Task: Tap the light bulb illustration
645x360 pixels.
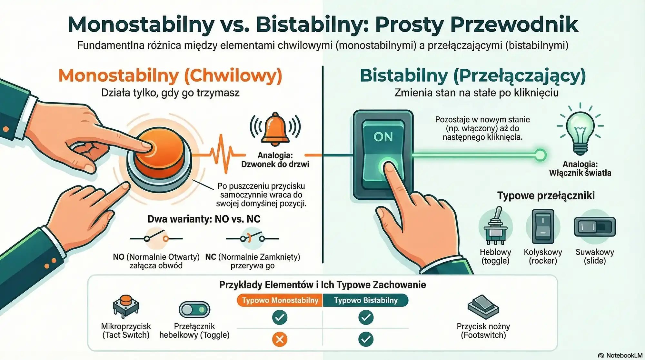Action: point(580,132)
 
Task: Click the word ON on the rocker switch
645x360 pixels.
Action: point(383,137)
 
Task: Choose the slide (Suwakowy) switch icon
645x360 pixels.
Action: point(595,227)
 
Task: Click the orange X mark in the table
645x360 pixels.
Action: point(280,339)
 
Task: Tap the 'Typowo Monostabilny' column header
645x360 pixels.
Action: point(280,300)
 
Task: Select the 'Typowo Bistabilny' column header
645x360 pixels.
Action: point(366,300)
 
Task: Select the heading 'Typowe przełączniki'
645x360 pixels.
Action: point(546,195)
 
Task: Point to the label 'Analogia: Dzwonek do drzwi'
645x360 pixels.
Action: point(275,160)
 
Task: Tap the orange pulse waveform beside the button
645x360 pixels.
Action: point(223,154)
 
